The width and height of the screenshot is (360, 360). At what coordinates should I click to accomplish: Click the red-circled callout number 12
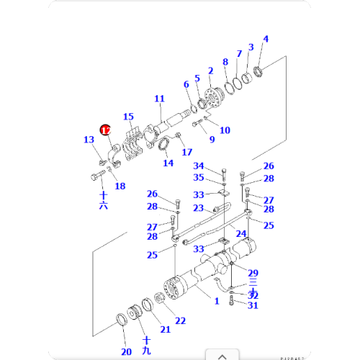pyautogui.click(x=105, y=130)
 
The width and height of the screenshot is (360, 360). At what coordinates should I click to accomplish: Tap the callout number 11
pyautogui.click(x=159, y=99)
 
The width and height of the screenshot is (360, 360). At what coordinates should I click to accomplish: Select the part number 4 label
pyautogui.click(x=265, y=39)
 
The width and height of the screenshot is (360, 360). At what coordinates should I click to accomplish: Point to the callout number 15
pyautogui.click(x=128, y=117)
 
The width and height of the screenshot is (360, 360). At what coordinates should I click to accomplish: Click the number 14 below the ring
pyautogui.click(x=168, y=163)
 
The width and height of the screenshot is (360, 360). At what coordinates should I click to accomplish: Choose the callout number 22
pyautogui.click(x=180, y=320)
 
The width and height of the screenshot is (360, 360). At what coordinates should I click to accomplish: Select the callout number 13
pyautogui.click(x=89, y=140)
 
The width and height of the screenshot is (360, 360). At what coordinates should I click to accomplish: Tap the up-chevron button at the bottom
pyautogui.click(x=222, y=355)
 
